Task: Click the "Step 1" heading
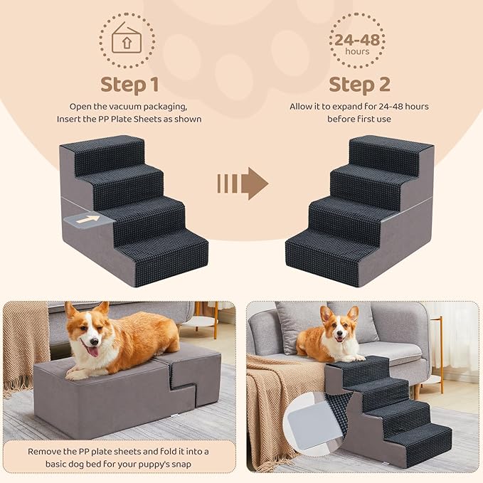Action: point(129,85)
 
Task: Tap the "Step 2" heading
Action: point(359,85)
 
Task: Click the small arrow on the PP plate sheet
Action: point(88,220)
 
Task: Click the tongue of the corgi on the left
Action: point(92,351)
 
